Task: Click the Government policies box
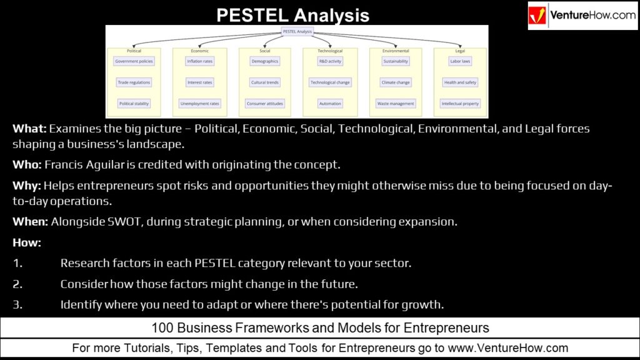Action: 134,61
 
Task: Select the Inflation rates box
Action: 200,61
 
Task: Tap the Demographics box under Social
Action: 264,61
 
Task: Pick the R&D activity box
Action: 330,61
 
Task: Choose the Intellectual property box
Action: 460,103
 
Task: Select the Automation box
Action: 330,103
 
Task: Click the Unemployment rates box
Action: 200,103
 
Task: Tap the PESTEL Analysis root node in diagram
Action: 297,31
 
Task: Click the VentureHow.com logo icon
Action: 538,15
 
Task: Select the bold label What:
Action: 29,129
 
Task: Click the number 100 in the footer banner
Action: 161,327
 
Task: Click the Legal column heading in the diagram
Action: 460,51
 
